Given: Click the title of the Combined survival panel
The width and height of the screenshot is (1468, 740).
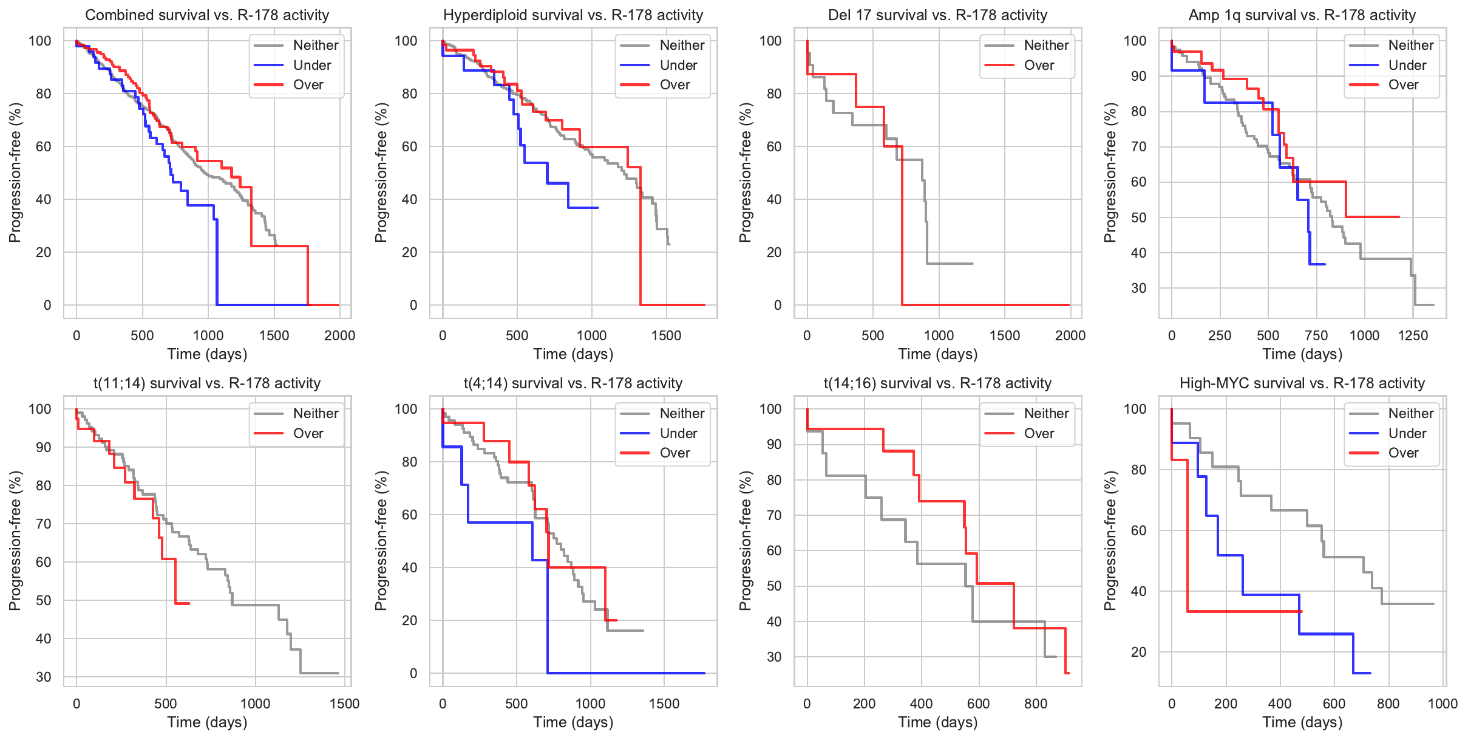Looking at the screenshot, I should pyautogui.click(x=207, y=15).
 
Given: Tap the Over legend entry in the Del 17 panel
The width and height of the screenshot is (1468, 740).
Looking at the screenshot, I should pyautogui.click(x=1039, y=65).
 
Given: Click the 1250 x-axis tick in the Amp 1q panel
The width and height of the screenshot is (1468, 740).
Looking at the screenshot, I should pyautogui.click(x=1413, y=335).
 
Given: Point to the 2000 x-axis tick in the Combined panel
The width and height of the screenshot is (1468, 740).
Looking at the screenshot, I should pyautogui.click(x=339, y=335).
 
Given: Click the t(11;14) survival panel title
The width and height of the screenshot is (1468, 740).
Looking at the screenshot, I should pyautogui.click(x=207, y=383).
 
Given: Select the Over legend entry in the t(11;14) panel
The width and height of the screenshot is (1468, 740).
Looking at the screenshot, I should pyautogui.click(x=308, y=433).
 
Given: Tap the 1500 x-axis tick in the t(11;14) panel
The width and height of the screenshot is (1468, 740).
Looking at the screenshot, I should pyautogui.click(x=344, y=704).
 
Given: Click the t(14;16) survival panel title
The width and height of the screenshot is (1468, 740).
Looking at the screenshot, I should pyautogui.click(x=937, y=383).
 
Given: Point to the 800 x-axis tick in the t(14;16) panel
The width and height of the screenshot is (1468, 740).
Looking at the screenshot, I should pyautogui.click(x=1035, y=704).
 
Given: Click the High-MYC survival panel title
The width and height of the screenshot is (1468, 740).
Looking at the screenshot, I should pyautogui.click(x=1302, y=383).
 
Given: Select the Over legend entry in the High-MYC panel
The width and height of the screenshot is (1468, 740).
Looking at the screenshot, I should pyautogui.click(x=1403, y=453).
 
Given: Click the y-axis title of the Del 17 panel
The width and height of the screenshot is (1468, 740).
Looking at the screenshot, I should pyautogui.click(x=745, y=173).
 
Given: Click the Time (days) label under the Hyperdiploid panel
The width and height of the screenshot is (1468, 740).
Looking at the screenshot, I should pyautogui.click(x=573, y=354).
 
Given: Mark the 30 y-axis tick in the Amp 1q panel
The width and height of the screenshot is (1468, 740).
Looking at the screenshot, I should pyautogui.click(x=1138, y=288).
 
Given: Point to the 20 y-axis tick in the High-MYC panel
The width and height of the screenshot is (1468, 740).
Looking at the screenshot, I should pyautogui.click(x=1138, y=652).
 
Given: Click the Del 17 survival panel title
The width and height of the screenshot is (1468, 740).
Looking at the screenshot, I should pyautogui.click(x=937, y=15).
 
